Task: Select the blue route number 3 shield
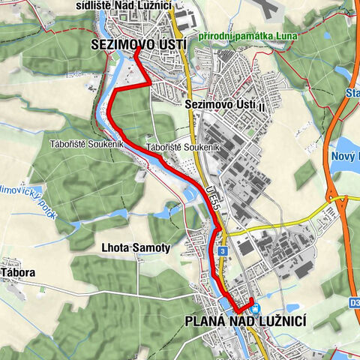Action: pos(223,250)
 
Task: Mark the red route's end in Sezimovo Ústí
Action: pos(136,53)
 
